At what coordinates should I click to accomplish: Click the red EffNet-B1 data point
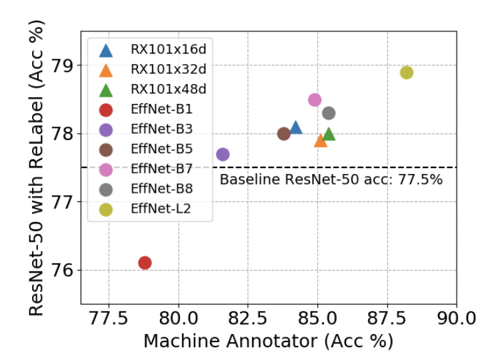145,263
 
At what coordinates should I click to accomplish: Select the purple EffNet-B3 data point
223,154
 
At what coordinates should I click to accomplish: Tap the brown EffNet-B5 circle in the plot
283,133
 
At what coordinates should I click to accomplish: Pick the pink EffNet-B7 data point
315,99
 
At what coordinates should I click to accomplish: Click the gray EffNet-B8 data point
329,113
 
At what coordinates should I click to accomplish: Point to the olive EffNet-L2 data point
407,72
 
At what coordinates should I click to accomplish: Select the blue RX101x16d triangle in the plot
295,127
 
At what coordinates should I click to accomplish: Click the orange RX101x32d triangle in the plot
321,140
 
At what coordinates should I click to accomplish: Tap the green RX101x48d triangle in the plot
329,134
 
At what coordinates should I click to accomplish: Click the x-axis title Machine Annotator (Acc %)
268,341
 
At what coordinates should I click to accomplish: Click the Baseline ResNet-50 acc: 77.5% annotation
331,179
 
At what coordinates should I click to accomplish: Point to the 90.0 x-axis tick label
457,319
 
